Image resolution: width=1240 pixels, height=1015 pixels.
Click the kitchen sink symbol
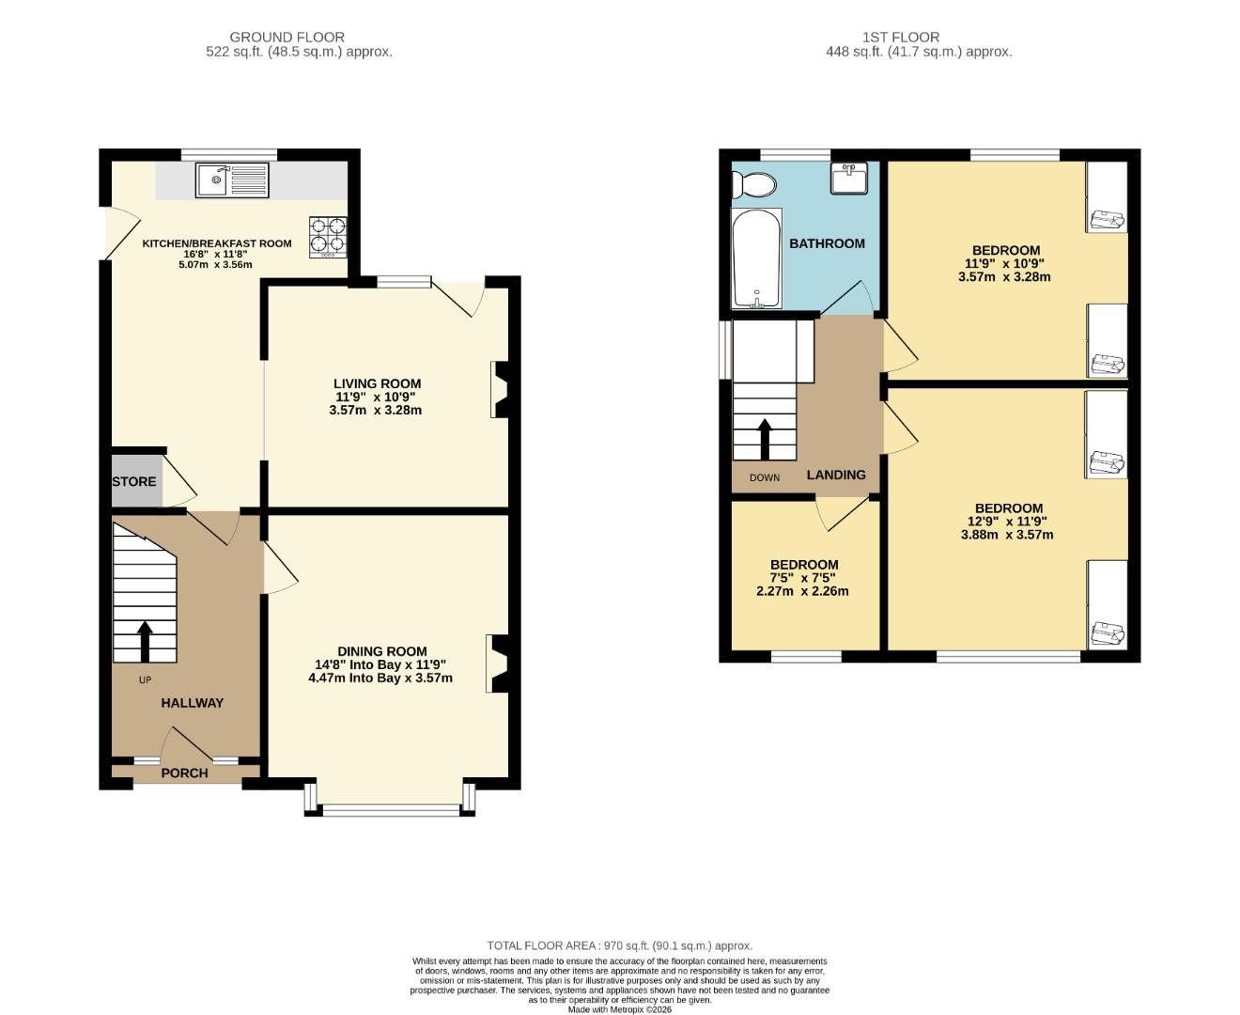(232, 180)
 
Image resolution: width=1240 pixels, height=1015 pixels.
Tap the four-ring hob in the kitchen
(327, 237)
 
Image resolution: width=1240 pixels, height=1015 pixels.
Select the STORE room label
(134, 482)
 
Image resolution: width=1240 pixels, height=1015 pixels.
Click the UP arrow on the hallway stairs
(145, 640)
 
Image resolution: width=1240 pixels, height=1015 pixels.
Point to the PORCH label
(184, 773)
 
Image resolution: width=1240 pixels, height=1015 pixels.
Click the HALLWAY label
(192, 703)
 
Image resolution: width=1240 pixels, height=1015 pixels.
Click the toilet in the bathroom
(755, 185)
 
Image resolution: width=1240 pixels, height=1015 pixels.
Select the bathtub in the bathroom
(756, 258)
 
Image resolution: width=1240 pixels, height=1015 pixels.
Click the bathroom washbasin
(848, 178)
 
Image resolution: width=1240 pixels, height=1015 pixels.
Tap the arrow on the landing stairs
(765, 438)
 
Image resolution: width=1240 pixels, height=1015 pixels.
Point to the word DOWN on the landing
(765, 477)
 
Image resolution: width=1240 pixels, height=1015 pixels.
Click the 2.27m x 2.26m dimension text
(802, 591)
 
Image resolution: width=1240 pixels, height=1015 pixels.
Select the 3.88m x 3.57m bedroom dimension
(1007, 535)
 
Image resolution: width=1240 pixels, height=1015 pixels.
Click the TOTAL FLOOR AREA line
(619, 945)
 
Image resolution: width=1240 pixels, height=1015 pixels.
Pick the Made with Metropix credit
(619, 1009)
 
